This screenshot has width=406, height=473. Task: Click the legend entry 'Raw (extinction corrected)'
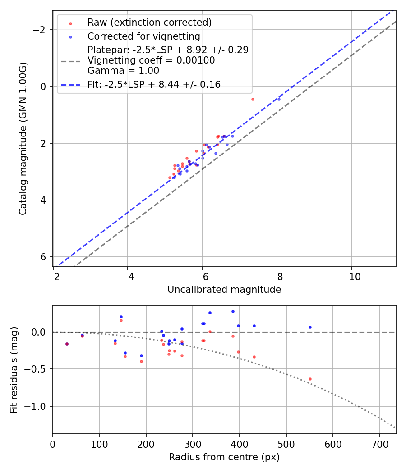149,23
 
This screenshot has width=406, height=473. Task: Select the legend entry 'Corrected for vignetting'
143,36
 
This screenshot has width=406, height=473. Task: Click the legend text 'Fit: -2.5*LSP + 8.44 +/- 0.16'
154,84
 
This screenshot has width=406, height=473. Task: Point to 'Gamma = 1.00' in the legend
123,70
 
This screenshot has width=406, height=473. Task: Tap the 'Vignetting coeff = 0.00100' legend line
151,60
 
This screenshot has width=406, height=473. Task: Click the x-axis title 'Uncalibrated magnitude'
224,290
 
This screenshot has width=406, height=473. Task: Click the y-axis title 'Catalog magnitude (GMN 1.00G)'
23,138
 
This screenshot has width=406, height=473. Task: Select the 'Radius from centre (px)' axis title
224,457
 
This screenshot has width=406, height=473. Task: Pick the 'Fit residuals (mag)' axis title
14,370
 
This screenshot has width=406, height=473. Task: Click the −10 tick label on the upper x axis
351,277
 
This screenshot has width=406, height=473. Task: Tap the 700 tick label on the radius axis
379,444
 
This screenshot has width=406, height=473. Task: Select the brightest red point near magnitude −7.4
253,99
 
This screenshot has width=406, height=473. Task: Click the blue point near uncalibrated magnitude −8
279,99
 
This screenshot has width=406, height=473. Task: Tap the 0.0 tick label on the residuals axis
41,332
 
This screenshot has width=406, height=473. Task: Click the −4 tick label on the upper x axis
128,277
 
